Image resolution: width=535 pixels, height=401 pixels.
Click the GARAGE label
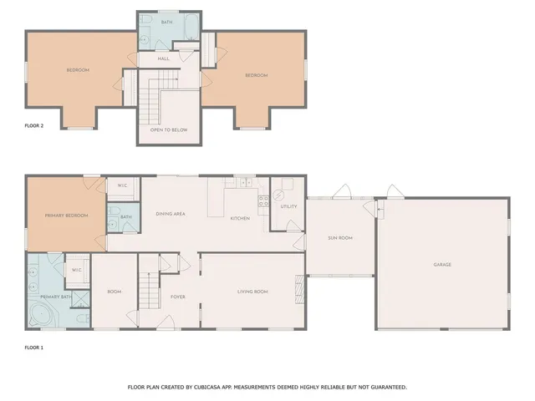(x=442, y=265)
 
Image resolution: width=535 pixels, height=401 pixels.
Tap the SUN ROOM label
(x=340, y=238)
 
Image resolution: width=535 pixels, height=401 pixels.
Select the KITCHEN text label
(x=240, y=218)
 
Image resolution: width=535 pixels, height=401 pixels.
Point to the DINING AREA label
(x=171, y=214)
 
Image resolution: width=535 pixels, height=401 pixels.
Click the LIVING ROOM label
(x=252, y=292)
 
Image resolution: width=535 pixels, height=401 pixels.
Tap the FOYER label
(x=178, y=297)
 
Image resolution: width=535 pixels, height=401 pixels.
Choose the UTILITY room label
(x=288, y=206)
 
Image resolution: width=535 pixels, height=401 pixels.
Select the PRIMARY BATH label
(x=55, y=297)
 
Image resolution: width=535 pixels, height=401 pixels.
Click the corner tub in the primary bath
(x=40, y=315)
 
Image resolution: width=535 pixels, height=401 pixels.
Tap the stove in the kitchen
(x=263, y=200)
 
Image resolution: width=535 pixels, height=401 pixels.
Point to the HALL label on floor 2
(x=164, y=58)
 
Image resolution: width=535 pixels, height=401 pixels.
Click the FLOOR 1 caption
(x=33, y=346)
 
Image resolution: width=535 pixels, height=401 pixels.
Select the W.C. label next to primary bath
(x=76, y=270)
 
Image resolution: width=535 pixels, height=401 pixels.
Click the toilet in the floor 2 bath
(x=143, y=38)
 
